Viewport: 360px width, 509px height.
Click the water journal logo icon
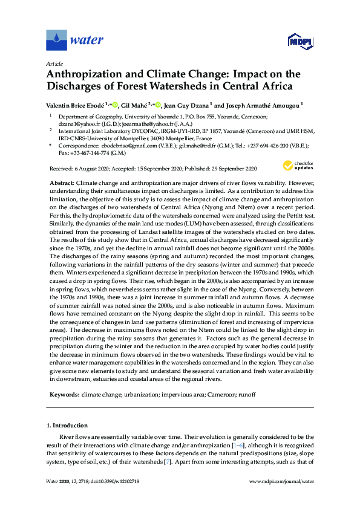tap(56, 41)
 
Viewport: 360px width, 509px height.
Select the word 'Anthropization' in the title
tap(82, 74)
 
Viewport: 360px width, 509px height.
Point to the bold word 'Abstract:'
tap(62, 183)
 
